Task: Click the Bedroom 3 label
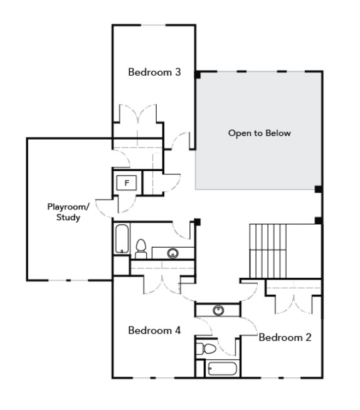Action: [x=154, y=72]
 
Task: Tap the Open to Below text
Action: [x=259, y=134]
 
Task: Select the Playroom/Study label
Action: [x=68, y=212]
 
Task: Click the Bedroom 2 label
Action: [x=285, y=337]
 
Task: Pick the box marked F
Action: [x=127, y=183]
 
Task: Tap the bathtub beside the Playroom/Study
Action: [x=121, y=240]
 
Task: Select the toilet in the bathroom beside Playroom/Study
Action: [x=141, y=249]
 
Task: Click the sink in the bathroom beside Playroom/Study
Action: [x=172, y=253]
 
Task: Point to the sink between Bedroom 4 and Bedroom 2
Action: [x=218, y=310]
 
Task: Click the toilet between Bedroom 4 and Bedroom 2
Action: [x=206, y=348]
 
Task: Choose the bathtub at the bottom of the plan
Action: [x=223, y=369]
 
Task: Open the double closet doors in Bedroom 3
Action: [x=139, y=116]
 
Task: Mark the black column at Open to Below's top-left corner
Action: [x=197, y=75]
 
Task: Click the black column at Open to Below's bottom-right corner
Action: [x=318, y=189]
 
